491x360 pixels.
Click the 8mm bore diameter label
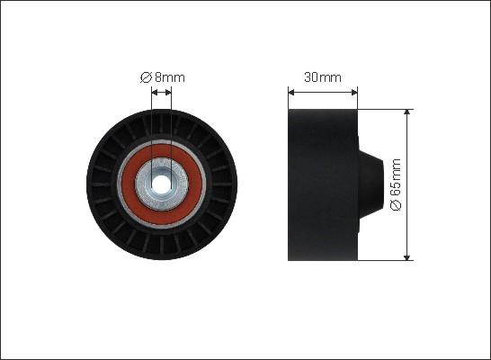point(163,77)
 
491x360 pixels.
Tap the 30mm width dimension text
point(323,77)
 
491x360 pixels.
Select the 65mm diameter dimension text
point(396,184)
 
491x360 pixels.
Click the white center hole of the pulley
point(161,184)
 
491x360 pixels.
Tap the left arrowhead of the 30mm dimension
point(291,93)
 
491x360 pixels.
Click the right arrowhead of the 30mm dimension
point(354,93)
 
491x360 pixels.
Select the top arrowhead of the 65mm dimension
point(406,112)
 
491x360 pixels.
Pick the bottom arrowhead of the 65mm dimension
point(406,256)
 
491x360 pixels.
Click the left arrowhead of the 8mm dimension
point(155,93)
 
